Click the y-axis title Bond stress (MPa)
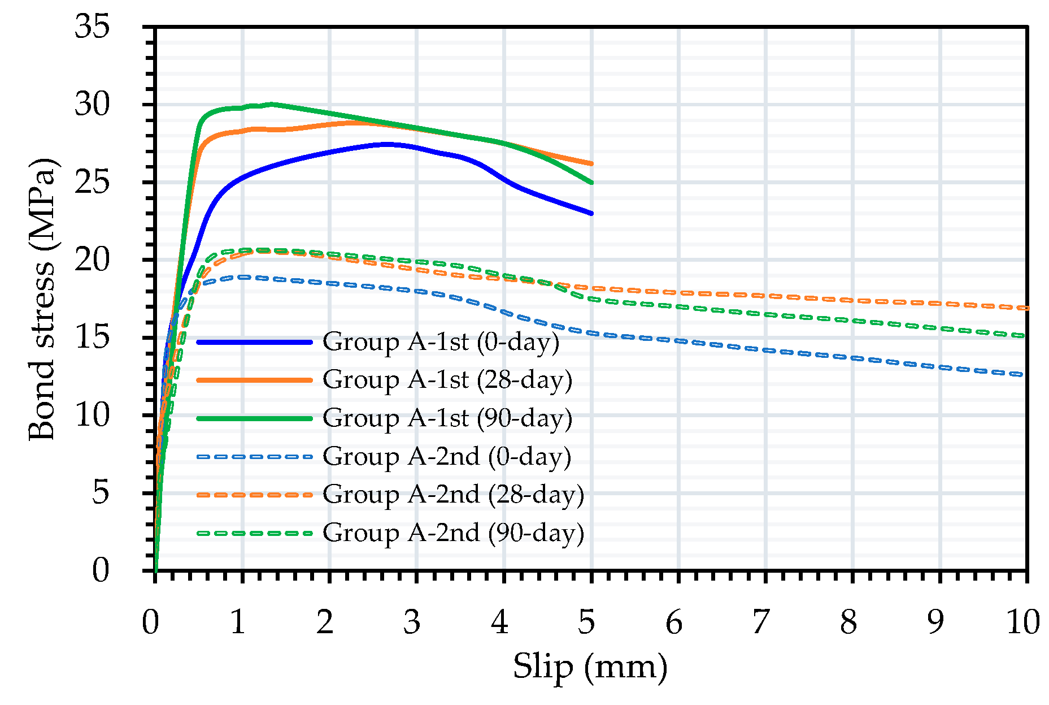tap(42, 300)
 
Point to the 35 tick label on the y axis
tap(92, 27)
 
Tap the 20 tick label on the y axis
tap(92, 260)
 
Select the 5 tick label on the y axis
tap(100, 492)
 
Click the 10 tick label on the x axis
tap(1022, 622)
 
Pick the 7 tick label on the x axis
tap(761, 622)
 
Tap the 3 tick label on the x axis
tap(412, 622)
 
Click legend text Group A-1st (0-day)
tap(441, 342)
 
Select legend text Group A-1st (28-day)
tap(447, 380)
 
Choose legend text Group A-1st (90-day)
tap(447, 418)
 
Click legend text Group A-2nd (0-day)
tap(447, 456)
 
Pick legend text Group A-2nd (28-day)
tap(453, 495)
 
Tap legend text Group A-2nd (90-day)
tap(453, 533)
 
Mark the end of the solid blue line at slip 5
tap(591, 213)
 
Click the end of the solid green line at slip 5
tap(591, 183)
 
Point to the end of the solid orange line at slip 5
tap(591, 163)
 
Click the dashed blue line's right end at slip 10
tap(1024, 374)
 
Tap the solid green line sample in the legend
tap(254, 418)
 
